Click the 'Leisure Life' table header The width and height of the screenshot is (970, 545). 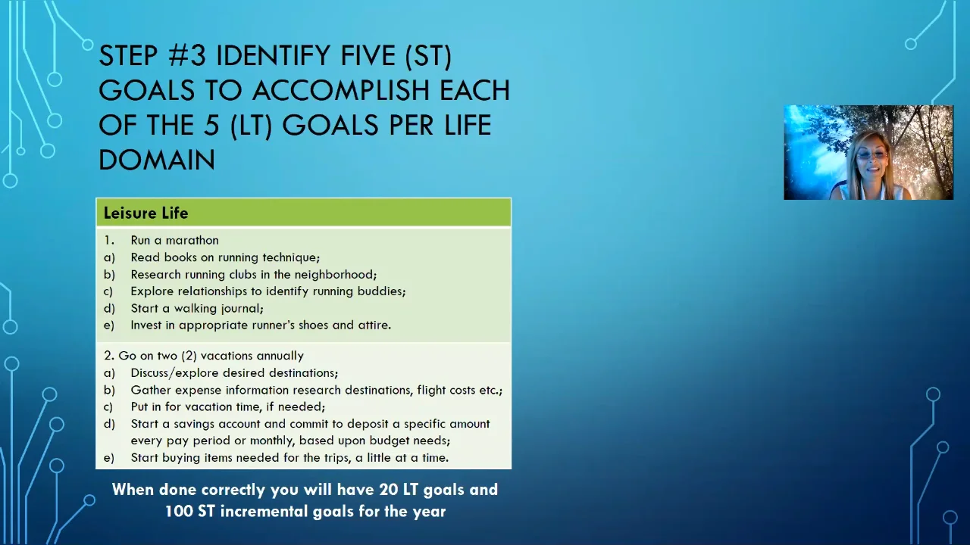(145, 213)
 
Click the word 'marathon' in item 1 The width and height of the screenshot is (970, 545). (192, 240)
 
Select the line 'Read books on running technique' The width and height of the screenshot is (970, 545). (224, 257)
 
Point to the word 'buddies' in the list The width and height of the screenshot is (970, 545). (380, 291)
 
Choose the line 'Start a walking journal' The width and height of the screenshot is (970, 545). (196, 308)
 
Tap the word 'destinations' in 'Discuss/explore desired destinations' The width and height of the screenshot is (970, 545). (303, 373)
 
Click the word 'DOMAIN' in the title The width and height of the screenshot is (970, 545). (157, 160)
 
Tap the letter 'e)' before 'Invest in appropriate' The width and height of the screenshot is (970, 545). (109, 325)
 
